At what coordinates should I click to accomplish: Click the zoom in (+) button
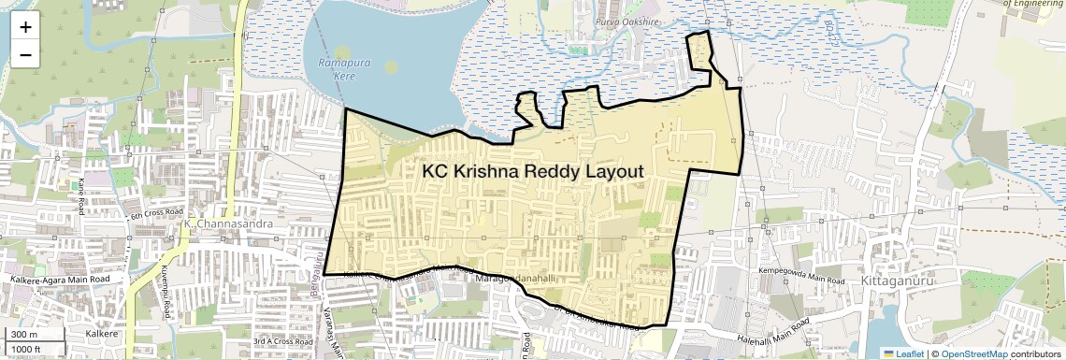point(25,26)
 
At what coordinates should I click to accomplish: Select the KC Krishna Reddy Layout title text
point(533,172)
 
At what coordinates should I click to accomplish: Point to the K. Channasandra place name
point(223,224)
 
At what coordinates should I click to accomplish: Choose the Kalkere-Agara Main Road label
point(60,279)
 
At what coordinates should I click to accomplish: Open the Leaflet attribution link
point(903,353)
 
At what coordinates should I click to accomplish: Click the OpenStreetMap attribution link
point(974,353)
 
